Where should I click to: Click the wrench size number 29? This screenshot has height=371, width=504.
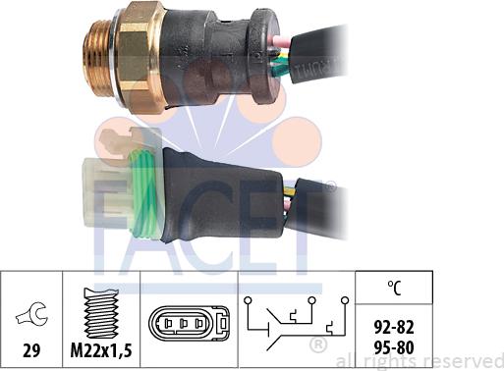[x=31, y=350]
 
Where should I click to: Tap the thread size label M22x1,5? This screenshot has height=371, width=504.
[x=101, y=350]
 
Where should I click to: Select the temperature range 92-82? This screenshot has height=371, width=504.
[x=394, y=327]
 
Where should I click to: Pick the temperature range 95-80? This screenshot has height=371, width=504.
[x=394, y=347]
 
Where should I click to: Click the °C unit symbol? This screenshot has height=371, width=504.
[x=394, y=288]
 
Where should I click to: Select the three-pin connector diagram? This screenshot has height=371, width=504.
[x=189, y=324]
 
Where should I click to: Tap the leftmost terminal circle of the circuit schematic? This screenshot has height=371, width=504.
[x=248, y=300]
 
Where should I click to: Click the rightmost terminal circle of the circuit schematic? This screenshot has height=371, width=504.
[x=345, y=300]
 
